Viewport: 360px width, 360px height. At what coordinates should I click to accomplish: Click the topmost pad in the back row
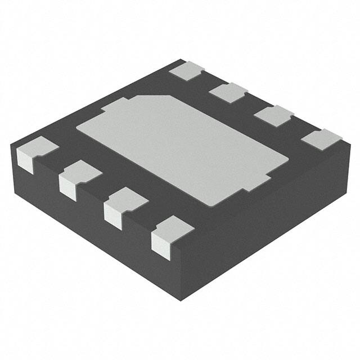(x=187, y=71)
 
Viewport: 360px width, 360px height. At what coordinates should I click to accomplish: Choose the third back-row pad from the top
(x=273, y=115)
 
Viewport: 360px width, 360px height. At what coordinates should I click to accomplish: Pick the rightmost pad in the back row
(x=321, y=138)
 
